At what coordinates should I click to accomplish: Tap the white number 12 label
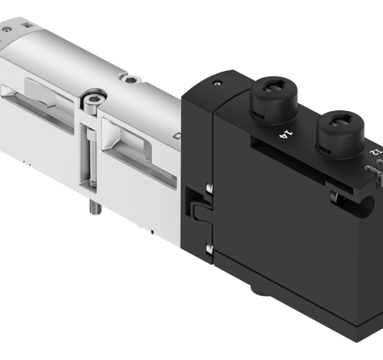click(375, 153)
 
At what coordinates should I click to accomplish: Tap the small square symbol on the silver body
click(177, 136)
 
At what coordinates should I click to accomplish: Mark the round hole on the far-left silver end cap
click(7, 30)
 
